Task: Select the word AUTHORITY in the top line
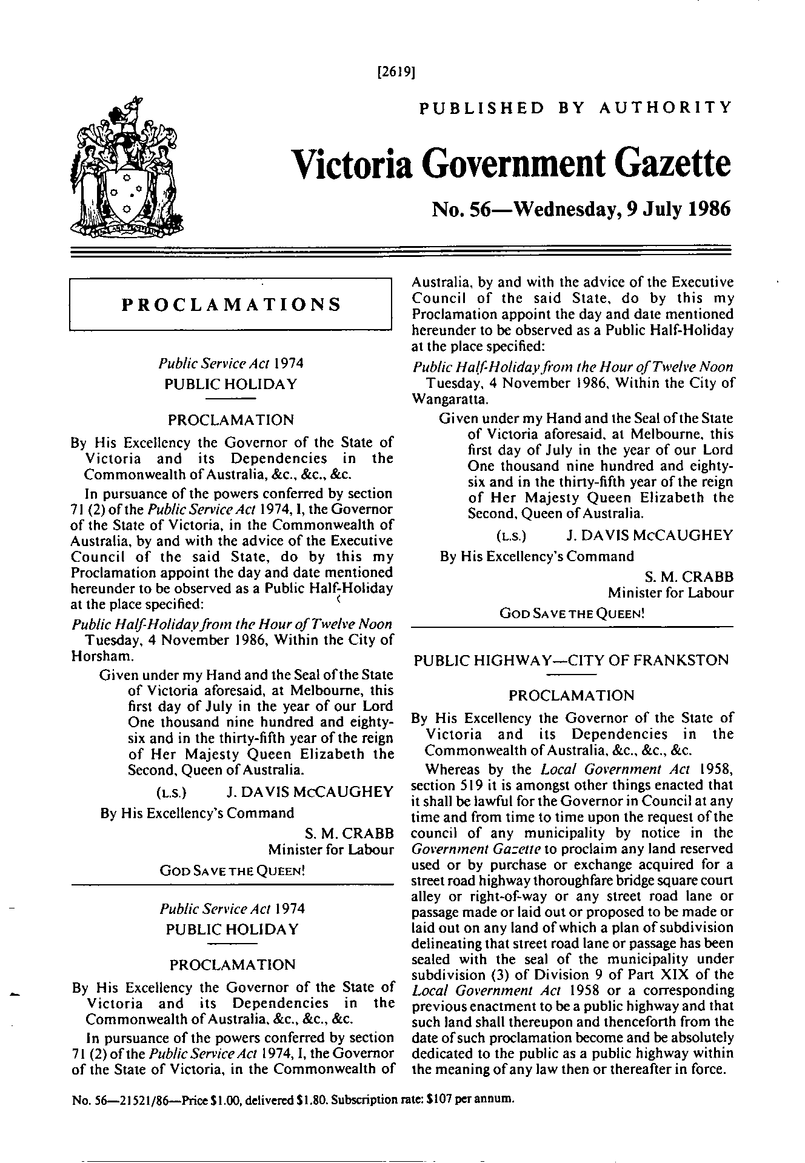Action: pyautogui.click(x=665, y=108)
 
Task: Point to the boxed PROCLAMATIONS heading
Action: pyautogui.click(x=231, y=304)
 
